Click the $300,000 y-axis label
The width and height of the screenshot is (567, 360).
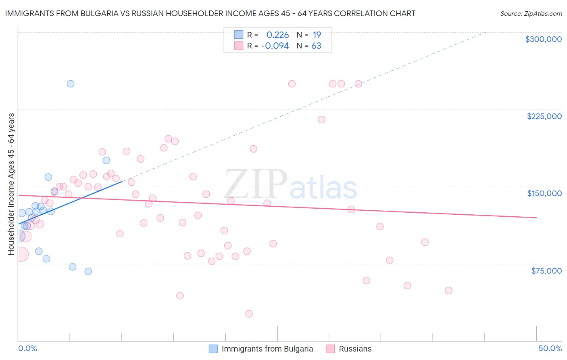pyautogui.click(x=543, y=39)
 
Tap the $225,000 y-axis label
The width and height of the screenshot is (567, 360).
pyautogui.click(x=544, y=116)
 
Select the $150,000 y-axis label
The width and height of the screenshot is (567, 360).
pyautogui.click(x=544, y=193)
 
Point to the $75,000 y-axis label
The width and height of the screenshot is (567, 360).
pyautogui.click(x=546, y=271)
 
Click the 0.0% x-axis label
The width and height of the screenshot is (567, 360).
pyautogui.click(x=28, y=348)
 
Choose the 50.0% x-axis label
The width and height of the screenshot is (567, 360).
pyautogui.click(x=550, y=348)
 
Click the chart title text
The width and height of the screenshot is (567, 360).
pyautogui.click(x=210, y=13)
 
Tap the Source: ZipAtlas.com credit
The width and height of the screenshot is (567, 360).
pyautogui.click(x=531, y=14)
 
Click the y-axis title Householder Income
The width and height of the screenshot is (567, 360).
pyautogui.click(x=11, y=184)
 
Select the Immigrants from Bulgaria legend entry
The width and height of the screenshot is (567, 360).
pyautogui.click(x=267, y=349)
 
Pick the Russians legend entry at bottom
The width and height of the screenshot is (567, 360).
pyautogui.click(x=355, y=349)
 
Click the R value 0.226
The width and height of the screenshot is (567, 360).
pyautogui.click(x=277, y=35)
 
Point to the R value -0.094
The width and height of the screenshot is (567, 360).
pyautogui.click(x=275, y=46)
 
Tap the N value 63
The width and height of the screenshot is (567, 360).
pyautogui.click(x=316, y=46)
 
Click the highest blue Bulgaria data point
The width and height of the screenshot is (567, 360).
pyautogui.click(x=70, y=84)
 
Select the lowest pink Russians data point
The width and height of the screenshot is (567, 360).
pyautogui.click(x=249, y=314)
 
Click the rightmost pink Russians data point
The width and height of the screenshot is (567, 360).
pyautogui.click(x=448, y=291)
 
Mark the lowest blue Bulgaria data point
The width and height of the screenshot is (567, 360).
pyautogui.click(x=88, y=271)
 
